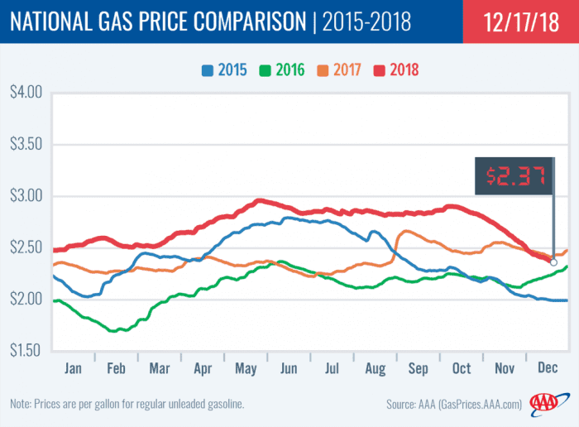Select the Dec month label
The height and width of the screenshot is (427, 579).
[x=548, y=367]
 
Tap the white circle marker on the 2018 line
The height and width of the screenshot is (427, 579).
[x=553, y=261]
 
